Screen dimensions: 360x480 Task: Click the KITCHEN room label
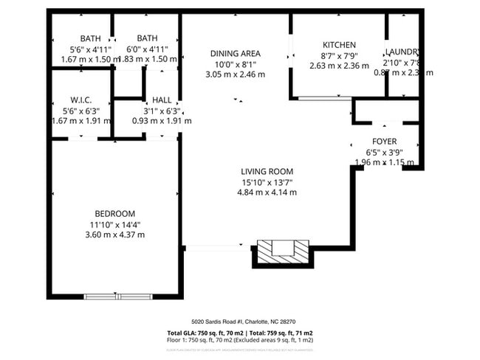click(x=339, y=45)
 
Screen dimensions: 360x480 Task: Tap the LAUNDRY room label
click(x=403, y=52)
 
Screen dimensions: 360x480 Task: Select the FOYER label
click(x=384, y=141)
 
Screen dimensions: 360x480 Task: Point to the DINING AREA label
click(x=235, y=53)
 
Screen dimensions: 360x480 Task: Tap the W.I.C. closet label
click(x=80, y=100)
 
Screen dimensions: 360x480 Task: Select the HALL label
click(x=162, y=100)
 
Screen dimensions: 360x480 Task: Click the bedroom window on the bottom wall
click(x=117, y=297)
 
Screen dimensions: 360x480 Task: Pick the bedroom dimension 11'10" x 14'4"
click(x=116, y=224)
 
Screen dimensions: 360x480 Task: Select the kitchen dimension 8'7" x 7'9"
click(x=339, y=55)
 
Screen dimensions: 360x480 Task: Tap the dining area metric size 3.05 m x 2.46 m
click(x=235, y=75)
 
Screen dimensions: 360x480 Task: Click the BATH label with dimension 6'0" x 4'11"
click(x=147, y=38)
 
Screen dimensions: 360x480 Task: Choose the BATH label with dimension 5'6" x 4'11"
click(x=91, y=38)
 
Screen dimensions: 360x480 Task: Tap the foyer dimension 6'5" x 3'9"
click(x=384, y=152)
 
